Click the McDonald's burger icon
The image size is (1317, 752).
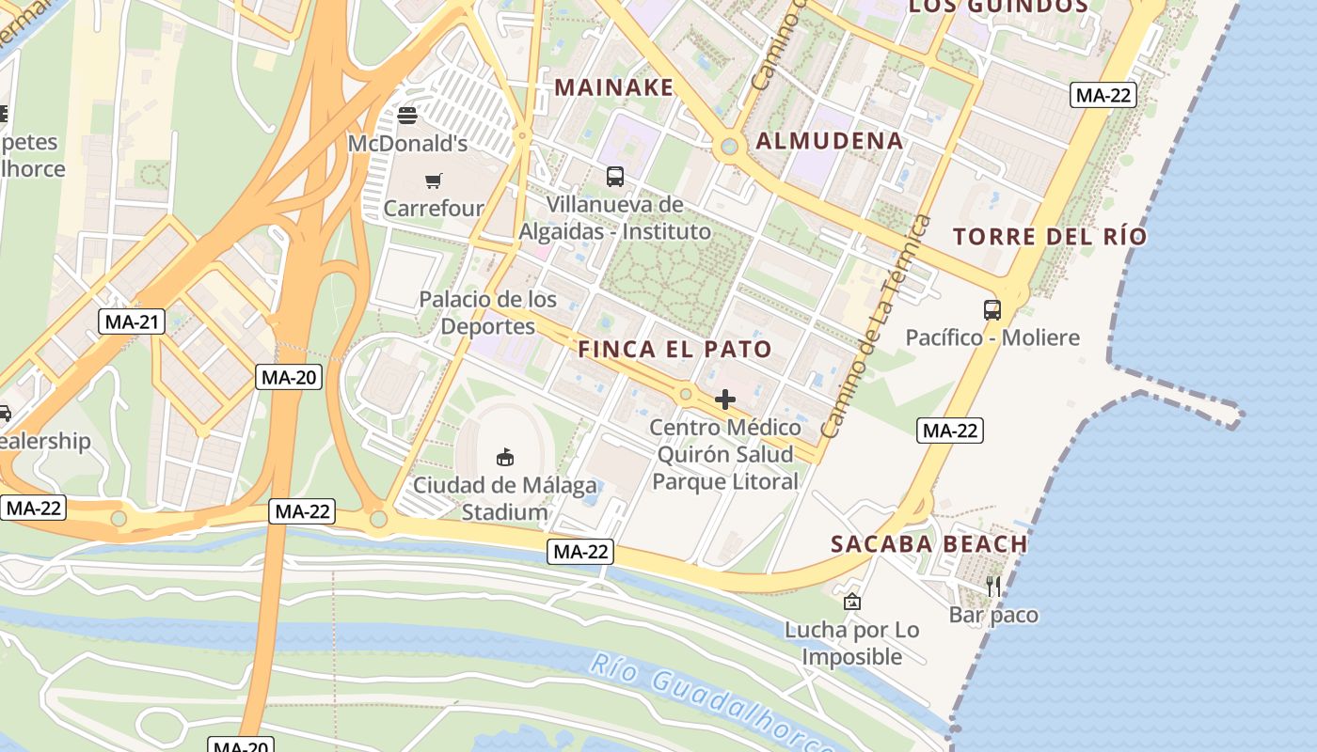[x=407, y=116]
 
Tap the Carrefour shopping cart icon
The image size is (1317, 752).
[x=433, y=180]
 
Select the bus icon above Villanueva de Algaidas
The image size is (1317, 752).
[x=614, y=176]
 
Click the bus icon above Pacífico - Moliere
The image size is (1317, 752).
[x=992, y=309]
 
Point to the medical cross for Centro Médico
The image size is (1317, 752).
[x=724, y=399]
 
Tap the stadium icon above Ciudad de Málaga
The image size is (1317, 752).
[x=505, y=458]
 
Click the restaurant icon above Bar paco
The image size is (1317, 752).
[x=993, y=587]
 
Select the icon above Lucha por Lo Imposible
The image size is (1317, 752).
[x=851, y=602]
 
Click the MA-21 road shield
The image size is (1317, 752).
[x=132, y=321]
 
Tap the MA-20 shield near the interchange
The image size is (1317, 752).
[x=290, y=377]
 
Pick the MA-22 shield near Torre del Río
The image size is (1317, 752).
[x=1104, y=94]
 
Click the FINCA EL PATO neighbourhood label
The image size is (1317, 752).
[x=674, y=350]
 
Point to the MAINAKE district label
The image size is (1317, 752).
[x=613, y=87]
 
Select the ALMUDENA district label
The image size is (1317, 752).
[x=830, y=141]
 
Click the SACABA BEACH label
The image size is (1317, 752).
[x=928, y=543]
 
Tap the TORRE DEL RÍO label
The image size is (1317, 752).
[x=1050, y=236]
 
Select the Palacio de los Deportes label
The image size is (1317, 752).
[x=487, y=313]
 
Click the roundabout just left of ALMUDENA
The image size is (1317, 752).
[x=726, y=147]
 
